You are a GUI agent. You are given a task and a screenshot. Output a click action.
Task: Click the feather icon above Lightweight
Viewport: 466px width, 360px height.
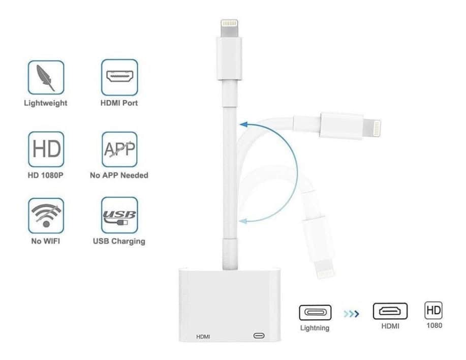point(46,77)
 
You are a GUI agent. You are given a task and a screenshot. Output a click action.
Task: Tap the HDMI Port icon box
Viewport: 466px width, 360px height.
point(119,77)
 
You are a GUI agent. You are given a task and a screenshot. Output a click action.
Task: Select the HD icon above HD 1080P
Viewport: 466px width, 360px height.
point(46,149)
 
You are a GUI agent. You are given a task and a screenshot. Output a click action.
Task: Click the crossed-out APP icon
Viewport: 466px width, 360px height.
point(119,149)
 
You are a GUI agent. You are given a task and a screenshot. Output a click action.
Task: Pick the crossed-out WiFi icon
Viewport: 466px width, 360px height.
point(46,216)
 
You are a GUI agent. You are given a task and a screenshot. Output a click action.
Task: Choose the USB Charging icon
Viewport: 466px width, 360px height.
point(119,215)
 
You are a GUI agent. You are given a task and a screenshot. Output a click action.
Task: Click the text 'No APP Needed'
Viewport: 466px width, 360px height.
point(119,175)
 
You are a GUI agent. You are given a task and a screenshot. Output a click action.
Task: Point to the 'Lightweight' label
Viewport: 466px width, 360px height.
point(45,103)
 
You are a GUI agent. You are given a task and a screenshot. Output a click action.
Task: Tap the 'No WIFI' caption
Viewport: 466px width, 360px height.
point(45,241)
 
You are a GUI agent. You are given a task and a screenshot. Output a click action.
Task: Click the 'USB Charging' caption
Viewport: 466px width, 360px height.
point(119,242)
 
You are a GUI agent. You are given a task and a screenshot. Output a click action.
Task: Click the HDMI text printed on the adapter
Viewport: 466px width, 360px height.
point(203,337)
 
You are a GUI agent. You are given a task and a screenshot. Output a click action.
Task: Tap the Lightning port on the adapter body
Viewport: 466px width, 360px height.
point(259,336)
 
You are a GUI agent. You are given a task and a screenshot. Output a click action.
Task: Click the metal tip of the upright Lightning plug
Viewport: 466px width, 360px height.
point(229,28)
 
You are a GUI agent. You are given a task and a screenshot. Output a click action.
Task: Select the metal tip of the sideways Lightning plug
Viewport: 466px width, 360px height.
point(371,128)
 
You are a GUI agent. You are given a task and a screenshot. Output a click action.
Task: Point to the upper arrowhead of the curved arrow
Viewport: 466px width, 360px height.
point(244,124)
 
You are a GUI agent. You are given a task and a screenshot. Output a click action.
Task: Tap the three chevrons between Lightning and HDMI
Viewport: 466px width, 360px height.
point(351,314)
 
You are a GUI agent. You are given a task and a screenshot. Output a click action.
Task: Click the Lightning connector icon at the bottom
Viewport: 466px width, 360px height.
point(315,312)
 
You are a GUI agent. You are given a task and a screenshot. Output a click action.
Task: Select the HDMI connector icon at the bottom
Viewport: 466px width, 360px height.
point(390,311)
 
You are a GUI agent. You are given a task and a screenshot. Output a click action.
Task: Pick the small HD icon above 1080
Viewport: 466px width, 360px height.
point(433,310)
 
